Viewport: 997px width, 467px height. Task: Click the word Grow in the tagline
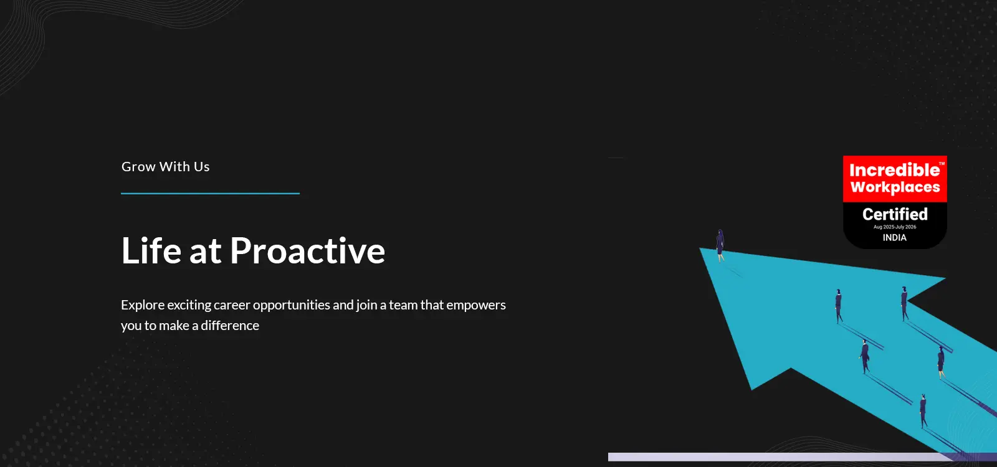(138, 166)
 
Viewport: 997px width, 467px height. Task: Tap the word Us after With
(202, 166)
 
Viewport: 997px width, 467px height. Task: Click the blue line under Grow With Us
(210, 194)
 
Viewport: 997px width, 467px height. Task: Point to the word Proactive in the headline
(308, 250)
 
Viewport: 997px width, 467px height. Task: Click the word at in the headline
(205, 252)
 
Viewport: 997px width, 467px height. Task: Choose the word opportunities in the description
(292, 306)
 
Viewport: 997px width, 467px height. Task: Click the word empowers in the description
(476, 306)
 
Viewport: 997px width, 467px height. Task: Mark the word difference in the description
(230, 326)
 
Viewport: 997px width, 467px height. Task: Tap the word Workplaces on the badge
(895, 187)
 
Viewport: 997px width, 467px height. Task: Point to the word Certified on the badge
(895, 214)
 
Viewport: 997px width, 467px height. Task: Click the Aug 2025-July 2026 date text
(895, 227)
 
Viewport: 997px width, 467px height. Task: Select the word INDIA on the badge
(895, 237)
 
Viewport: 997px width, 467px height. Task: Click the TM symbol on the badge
(942, 164)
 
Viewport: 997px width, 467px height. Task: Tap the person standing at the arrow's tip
(720, 245)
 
